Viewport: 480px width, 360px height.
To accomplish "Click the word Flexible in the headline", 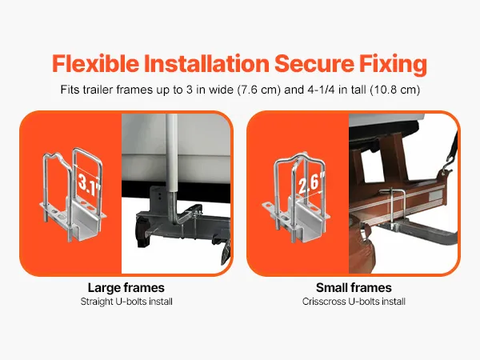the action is tap(96, 63).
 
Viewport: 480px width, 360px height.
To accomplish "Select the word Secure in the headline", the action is tap(314, 63).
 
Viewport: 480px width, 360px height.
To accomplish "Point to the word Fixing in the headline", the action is tap(393, 64).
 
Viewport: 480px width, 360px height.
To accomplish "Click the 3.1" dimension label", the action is tap(88, 184).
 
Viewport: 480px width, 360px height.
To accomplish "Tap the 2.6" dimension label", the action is tap(310, 184).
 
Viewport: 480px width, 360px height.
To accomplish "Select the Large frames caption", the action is tap(126, 288).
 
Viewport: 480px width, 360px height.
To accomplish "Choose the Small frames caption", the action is tap(354, 288).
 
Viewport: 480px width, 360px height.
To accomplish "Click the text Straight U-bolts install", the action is tap(126, 302).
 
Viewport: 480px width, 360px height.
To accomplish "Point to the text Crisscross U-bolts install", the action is tap(354, 302).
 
